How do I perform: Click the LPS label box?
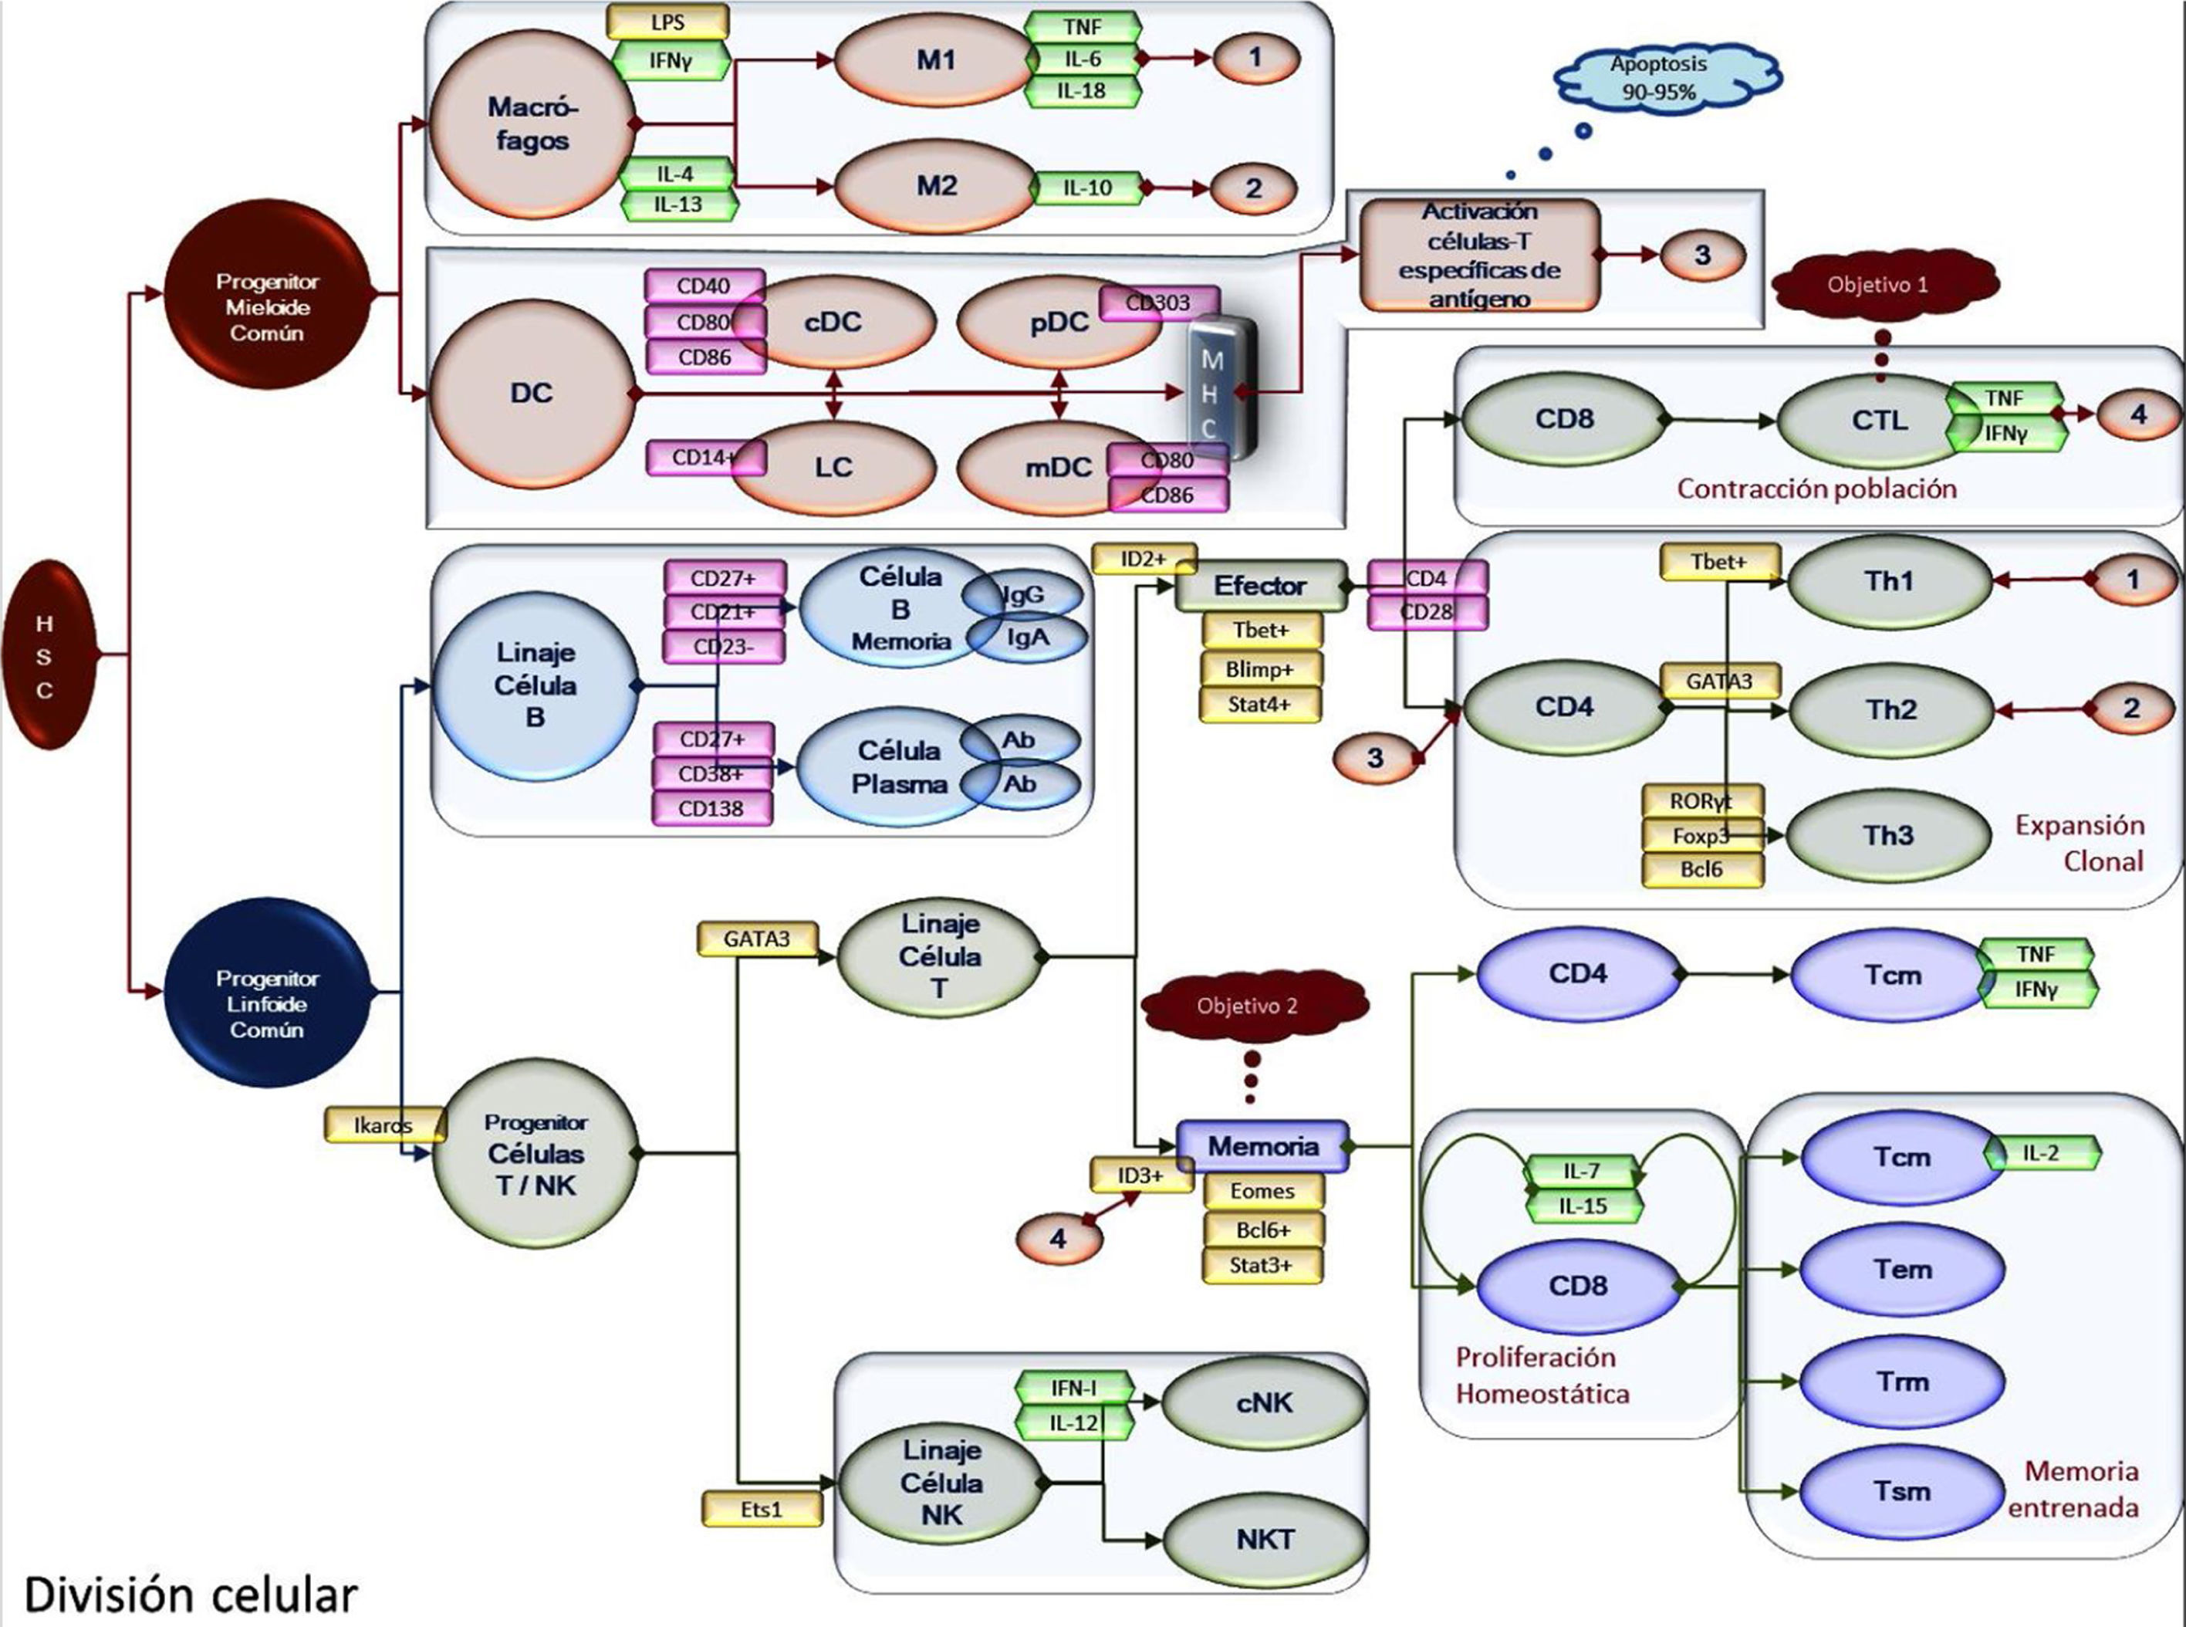(x=667, y=22)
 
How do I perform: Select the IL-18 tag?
(x=1081, y=90)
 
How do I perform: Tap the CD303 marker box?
(x=1158, y=303)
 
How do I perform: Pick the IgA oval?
(x=1027, y=638)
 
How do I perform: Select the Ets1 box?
(x=761, y=1509)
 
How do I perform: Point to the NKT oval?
(x=1265, y=1538)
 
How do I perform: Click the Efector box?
(x=1259, y=586)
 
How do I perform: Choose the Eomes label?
(x=1262, y=1191)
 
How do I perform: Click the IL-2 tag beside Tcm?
(x=2040, y=1152)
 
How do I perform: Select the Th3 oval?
(x=1887, y=836)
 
